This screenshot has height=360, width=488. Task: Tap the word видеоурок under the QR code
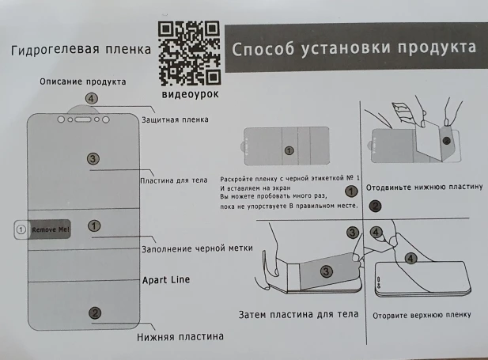[x=190, y=94]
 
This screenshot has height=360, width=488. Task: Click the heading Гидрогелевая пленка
[x=81, y=51]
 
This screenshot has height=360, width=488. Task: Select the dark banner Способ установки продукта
[x=354, y=48]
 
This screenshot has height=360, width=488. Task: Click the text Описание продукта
[x=83, y=81]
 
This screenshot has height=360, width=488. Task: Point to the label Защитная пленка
[x=175, y=120]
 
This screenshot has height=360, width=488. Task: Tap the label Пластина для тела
[x=174, y=180]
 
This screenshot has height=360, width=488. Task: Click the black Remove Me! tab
[x=51, y=229]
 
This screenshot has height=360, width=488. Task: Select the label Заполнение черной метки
[x=197, y=248]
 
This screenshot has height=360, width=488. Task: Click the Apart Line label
[x=165, y=280]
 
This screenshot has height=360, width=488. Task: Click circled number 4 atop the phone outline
[x=92, y=99]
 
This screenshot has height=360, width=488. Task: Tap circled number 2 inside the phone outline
[x=95, y=313]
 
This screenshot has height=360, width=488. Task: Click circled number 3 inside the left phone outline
[x=93, y=159]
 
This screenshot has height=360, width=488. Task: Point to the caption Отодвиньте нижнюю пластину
[x=424, y=187]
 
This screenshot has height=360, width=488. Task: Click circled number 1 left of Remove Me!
[x=21, y=229]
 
